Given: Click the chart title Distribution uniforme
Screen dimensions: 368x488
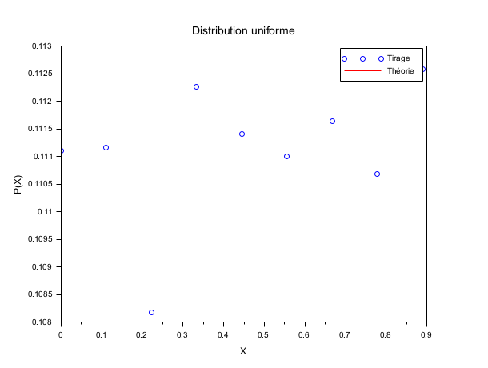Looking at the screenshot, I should [243, 30].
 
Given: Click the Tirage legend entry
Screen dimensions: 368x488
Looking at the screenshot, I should [398, 58].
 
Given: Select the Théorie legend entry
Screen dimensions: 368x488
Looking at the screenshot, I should [400, 71].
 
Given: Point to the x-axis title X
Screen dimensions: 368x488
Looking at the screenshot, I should [243, 350].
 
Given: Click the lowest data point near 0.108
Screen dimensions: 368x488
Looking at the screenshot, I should [151, 312].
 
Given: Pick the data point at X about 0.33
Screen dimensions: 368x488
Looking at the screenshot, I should [197, 86].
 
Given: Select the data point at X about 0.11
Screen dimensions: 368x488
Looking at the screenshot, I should [106, 147].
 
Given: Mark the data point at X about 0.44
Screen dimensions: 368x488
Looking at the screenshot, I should [242, 134].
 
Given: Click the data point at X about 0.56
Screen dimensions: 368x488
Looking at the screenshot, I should [286, 156].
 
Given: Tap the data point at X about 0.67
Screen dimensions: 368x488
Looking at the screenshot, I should [332, 121].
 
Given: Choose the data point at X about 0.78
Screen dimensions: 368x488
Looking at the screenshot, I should [377, 174].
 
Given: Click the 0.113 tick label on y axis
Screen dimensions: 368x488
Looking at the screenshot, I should [42, 46].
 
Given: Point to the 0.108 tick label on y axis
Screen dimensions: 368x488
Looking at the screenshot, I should [42, 322].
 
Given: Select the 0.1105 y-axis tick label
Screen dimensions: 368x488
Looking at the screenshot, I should [39, 184].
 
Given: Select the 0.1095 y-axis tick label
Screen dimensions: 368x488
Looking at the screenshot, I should [39, 239].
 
